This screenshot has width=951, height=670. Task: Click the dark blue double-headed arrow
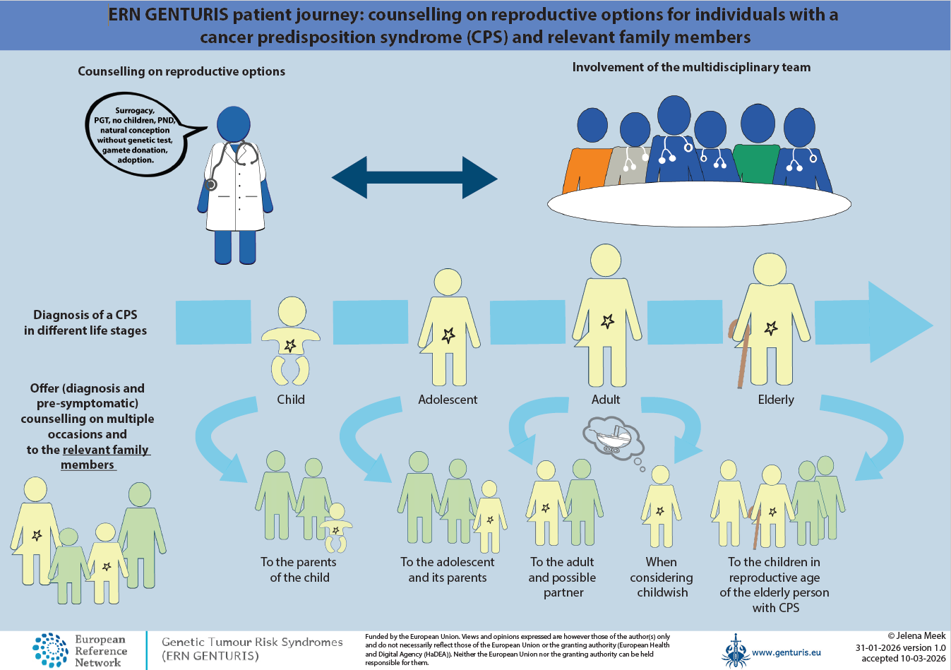tap(414, 178)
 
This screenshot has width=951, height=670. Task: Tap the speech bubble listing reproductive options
tap(136, 135)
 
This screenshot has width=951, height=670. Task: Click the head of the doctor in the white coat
tap(234, 124)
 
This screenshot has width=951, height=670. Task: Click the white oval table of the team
tap(699, 205)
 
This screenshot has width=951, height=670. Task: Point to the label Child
tap(291, 400)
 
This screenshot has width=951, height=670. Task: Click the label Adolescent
tap(448, 400)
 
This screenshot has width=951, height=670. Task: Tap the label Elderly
tap(776, 400)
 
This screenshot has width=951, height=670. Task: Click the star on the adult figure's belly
tap(607, 322)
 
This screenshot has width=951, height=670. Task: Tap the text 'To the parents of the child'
tap(299, 570)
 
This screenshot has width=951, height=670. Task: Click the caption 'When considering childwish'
tap(662, 577)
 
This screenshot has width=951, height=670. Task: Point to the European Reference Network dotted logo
tap(51, 650)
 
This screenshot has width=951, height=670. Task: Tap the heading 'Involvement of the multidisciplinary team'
tap(691, 68)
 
